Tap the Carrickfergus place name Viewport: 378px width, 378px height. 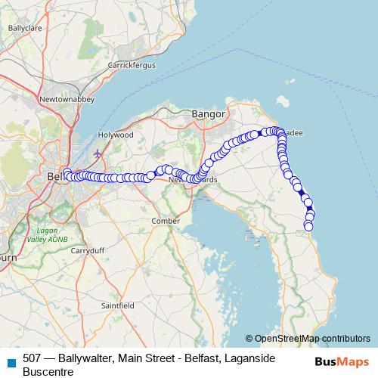click(x=132, y=66)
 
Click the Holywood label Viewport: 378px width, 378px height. click(x=117, y=135)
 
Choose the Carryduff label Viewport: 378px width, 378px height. click(x=88, y=249)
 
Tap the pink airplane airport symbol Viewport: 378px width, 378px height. click(x=98, y=153)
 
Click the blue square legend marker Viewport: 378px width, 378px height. click(x=11, y=361)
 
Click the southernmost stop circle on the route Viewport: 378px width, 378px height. click(x=308, y=227)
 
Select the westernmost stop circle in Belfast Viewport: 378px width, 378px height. click(x=67, y=172)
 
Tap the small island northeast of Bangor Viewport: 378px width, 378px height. click(x=284, y=100)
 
